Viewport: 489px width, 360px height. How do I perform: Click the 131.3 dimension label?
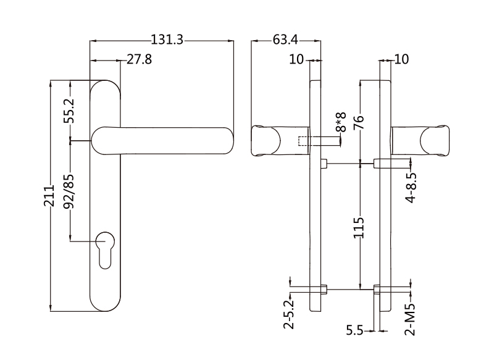pos(167,40)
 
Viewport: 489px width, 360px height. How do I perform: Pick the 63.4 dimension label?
pos(285,40)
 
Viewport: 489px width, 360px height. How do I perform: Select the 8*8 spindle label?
pos(339,123)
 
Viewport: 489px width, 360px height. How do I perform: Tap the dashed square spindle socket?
pos(303,141)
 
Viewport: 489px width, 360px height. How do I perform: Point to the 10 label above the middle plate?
pos(296,59)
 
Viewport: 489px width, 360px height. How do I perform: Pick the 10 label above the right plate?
pos(401,59)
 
